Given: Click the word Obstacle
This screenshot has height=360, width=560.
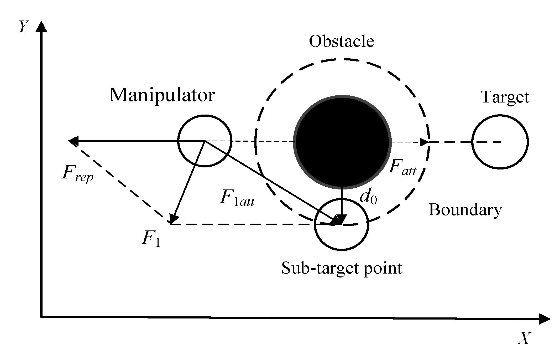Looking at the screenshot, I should pos(341,42).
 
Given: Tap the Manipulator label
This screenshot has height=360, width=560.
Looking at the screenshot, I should pos(162,95).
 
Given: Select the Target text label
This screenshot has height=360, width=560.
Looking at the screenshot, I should pos(505,97).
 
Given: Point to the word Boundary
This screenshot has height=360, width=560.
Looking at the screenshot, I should pos(465,210).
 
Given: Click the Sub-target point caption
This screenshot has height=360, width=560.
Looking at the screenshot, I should pos(342,268).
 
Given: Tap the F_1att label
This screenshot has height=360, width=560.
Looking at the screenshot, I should pos(237,198).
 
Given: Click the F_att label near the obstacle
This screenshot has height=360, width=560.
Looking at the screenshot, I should pos(402,168).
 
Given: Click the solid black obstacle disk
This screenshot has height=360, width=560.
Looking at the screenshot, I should pos(342,142).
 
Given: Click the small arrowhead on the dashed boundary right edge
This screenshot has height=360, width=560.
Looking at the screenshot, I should pos(424,142).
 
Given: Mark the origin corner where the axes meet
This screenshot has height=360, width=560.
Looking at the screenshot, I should pos(41,317).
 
